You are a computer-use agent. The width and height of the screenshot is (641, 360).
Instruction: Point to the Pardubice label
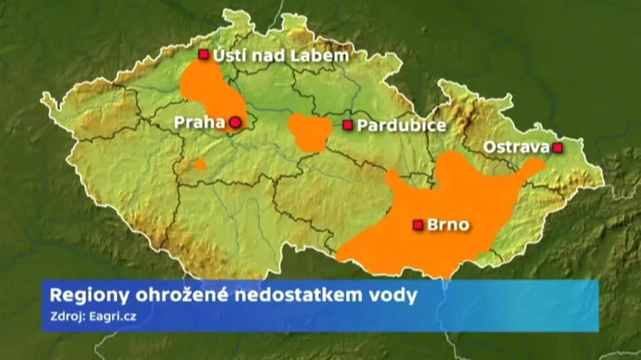click(400, 125)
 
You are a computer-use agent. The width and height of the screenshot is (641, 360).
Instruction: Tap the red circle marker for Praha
click(235, 123)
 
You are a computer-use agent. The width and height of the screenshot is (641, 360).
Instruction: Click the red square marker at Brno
click(417, 225)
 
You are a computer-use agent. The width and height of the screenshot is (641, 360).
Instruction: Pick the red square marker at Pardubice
click(348, 125)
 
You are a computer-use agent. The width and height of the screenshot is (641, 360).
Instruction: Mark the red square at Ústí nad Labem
click(203, 55)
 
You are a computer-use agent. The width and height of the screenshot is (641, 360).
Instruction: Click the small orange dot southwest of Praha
click(200, 164)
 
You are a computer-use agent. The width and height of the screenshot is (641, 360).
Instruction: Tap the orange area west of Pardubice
click(310, 133)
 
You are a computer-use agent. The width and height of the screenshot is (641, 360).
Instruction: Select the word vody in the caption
click(397, 295)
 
